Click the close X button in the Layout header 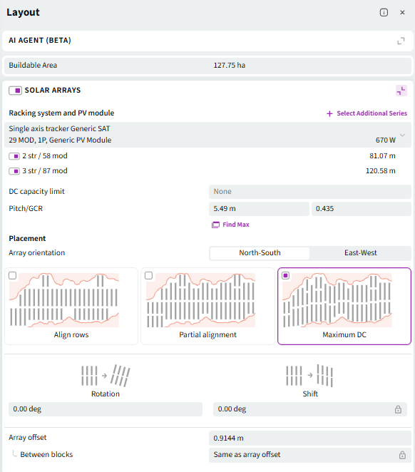click(402, 12)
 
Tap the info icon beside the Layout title click(384, 12)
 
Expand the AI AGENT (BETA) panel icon click(401, 41)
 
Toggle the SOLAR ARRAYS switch click(15, 91)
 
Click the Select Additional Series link click(367, 113)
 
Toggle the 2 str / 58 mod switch click(14, 156)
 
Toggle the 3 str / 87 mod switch click(14, 171)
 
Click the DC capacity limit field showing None click(310, 192)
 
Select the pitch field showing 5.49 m click(259, 209)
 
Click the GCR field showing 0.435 click(362, 209)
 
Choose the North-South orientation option click(260, 253)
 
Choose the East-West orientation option click(361, 253)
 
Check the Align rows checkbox click(12, 275)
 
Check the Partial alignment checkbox click(148, 275)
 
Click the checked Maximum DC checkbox click(286, 275)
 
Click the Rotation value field click(106, 409)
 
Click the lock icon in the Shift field click(398, 409)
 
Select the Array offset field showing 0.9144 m click(310, 438)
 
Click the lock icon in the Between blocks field click(402, 455)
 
